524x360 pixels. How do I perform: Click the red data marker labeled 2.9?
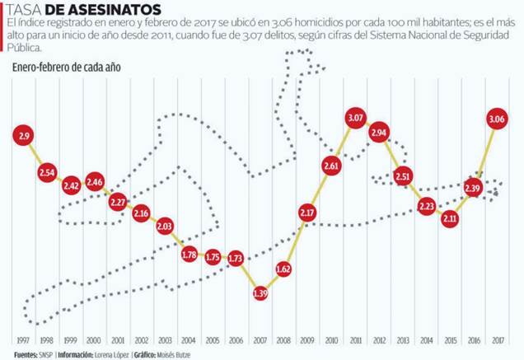23,135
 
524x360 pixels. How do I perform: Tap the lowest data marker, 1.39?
260,293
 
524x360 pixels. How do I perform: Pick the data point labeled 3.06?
498,120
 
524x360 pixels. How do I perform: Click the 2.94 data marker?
380,133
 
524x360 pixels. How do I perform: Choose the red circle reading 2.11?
450,219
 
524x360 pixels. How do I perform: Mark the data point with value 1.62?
284,269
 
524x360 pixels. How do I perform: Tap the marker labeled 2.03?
165,227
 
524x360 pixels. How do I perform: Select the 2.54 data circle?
47,173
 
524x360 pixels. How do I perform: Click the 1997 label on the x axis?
23,340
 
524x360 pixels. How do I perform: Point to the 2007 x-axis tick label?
260,340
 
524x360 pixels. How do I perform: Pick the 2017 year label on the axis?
498,340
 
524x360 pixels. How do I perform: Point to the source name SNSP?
48,354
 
